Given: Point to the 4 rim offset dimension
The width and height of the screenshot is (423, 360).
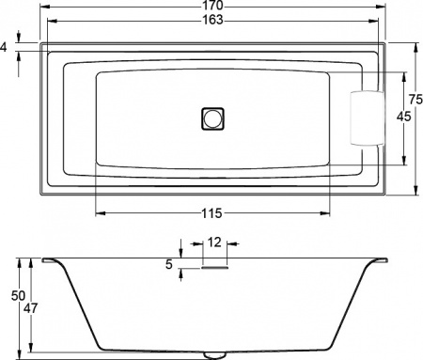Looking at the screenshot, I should tap(7, 45).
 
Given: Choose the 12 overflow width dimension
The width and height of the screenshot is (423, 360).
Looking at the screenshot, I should tap(214, 243).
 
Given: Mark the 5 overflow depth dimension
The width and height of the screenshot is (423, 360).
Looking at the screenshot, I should tap(170, 265).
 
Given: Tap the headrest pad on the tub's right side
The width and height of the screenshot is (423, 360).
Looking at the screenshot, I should tap(364, 118).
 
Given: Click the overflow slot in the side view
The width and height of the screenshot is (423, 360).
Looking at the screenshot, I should tap(214, 266).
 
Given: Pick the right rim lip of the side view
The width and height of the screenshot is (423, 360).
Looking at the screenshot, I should tap(382, 259).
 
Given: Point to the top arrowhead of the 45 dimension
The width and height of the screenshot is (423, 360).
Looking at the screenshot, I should tap(403, 73).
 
